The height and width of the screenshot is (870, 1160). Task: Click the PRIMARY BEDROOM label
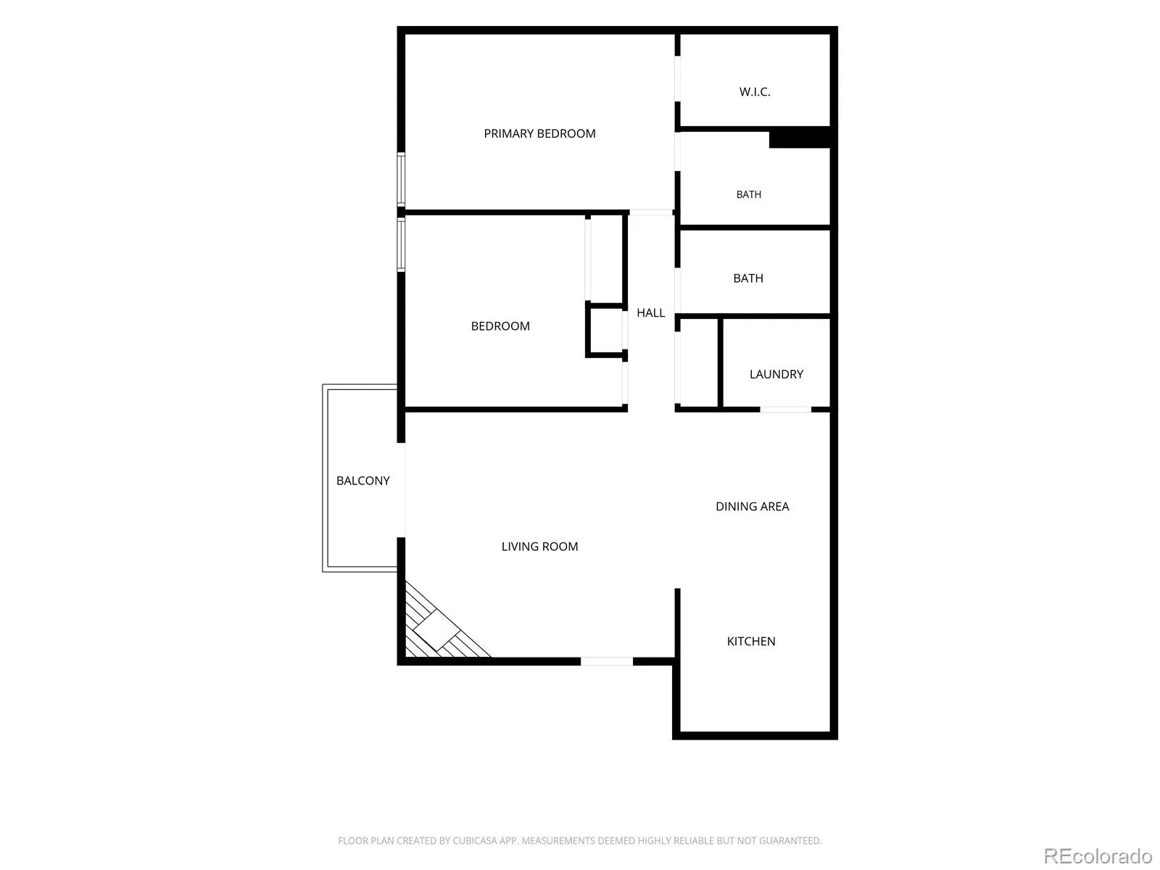point(539,133)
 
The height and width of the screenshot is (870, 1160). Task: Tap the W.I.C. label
point(754,92)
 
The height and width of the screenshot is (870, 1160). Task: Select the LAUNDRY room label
point(776,374)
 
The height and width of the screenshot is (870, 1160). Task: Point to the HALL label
point(650,312)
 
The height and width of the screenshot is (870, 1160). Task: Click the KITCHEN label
point(750,642)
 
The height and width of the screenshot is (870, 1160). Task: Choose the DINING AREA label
point(752,507)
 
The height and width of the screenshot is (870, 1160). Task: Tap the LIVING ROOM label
point(539,547)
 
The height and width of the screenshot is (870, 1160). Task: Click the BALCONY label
point(362,481)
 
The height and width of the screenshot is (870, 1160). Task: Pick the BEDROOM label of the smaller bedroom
point(500,326)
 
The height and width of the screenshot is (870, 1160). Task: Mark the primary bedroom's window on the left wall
point(401,180)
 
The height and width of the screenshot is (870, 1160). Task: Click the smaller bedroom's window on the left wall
point(401,244)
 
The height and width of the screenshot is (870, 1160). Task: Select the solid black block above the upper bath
point(800,137)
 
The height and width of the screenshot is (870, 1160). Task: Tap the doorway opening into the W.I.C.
point(677,79)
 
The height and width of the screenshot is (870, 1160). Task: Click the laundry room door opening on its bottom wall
point(785,410)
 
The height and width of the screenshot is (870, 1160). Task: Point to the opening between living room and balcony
point(401,490)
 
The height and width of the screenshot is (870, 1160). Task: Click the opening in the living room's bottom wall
point(607,661)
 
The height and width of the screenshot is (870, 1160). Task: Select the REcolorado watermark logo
point(1098,855)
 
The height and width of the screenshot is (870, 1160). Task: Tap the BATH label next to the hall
point(747,278)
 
